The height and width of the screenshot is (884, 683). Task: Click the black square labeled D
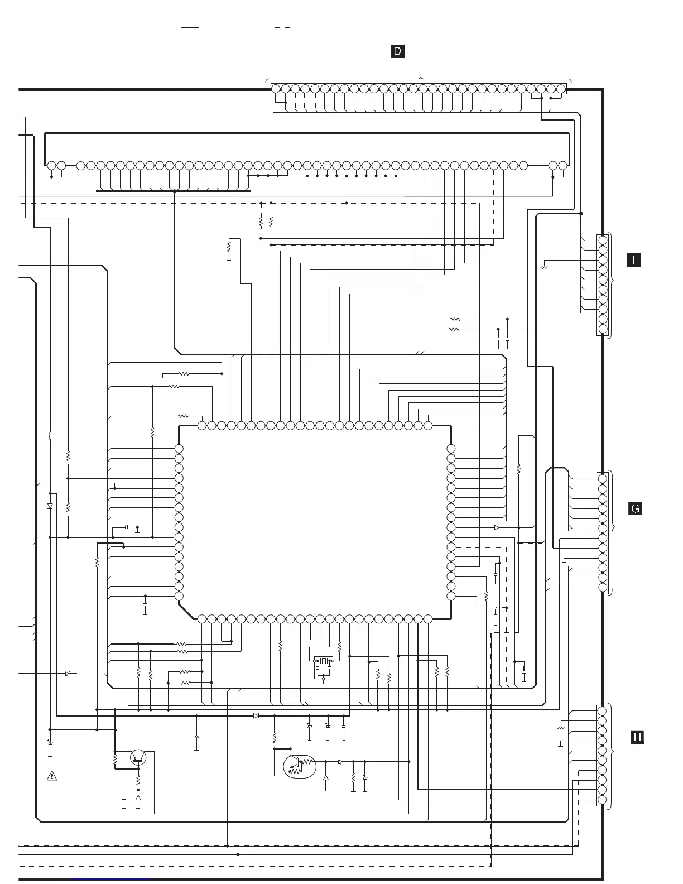(x=397, y=52)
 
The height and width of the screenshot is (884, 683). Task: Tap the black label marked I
(x=634, y=260)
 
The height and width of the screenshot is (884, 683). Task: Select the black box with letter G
(x=635, y=508)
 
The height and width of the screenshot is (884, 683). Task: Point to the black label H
(x=637, y=737)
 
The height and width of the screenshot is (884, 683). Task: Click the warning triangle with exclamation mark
(x=51, y=775)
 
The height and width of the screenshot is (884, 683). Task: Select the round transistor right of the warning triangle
(x=138, y=757)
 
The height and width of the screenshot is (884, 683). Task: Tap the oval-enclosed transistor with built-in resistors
(x=299, y=767)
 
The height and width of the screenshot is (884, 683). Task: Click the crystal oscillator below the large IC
(x=324, y=661)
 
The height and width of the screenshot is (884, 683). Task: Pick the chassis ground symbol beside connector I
(x=544, y=267)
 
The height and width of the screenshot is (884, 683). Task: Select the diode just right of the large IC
(x=497, y=527)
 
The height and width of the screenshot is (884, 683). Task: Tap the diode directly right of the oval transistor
(x=326, y=777)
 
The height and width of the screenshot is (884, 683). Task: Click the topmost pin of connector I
(x=602, y=240)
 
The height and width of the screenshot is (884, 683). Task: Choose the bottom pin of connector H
(x=602, y=800)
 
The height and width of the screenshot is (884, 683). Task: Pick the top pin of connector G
(x=602, y=479)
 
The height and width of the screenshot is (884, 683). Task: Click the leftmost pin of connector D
(x=276, y=89)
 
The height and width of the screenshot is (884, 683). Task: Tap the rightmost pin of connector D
(x=561, y=89)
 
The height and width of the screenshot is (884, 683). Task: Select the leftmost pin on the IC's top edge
(x=202, y=426)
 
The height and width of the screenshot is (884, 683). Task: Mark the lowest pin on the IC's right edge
(x=451, y=596)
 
